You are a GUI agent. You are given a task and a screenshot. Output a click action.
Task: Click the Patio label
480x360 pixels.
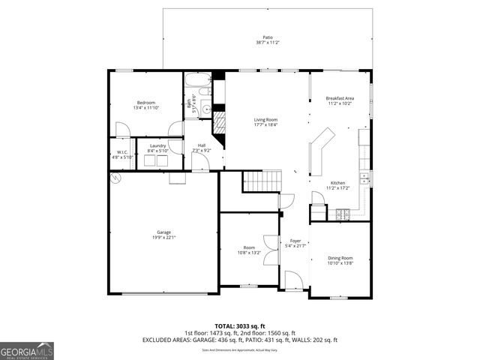click(267, 37)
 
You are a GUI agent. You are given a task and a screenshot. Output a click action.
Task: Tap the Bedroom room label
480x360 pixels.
click(145, 102)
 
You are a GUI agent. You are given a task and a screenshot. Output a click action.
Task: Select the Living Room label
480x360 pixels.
click(265, 120)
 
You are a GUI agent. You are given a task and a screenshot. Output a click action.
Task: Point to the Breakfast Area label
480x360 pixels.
click(339, 98)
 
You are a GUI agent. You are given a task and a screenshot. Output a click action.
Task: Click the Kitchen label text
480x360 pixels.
click(337, 182)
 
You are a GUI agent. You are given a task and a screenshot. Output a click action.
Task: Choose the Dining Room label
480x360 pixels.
click(340, 258)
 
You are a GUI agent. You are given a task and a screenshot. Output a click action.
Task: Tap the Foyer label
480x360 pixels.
click(295, 241)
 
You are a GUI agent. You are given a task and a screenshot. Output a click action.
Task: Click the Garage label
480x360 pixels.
click(163, 232)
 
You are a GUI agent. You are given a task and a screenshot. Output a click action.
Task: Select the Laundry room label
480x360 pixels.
click(157, 145)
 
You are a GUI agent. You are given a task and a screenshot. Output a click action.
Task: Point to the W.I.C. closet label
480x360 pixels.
click(121, 152)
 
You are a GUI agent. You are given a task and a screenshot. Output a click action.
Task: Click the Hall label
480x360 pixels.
click(202, 145)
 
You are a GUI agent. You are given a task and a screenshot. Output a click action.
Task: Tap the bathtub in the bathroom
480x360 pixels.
click(198, 80)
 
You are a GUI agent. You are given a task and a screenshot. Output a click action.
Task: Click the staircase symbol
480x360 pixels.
click(261, 181)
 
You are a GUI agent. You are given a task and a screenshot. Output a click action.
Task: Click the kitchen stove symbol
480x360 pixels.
click(341, 214)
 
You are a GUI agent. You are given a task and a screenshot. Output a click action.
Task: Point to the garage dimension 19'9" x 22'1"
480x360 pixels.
click(163, 238)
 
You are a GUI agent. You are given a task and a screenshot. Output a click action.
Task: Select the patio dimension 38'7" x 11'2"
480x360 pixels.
click(267, 43)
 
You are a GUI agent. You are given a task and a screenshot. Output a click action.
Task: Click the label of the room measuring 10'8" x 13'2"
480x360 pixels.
click(249, 247)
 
